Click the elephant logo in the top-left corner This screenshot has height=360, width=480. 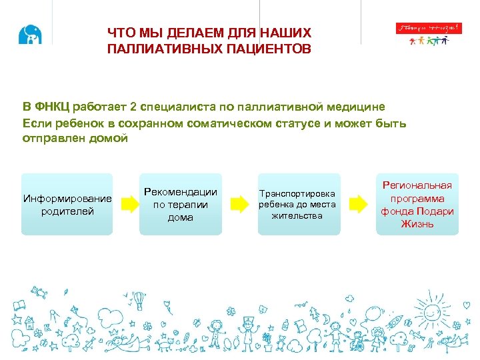click(x=30, y=35)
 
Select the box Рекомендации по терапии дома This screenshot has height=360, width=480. click(x=180, y=205)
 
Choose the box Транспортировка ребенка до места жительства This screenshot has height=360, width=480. click(x=297, y=204)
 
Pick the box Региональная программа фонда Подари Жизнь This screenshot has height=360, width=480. click(x=417, y=205)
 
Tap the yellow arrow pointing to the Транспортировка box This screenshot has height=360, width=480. click(x=238, y=204)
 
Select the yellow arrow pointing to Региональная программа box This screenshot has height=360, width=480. click(x=358, y=204)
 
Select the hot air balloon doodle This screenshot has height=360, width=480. click(x=139, y=301)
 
